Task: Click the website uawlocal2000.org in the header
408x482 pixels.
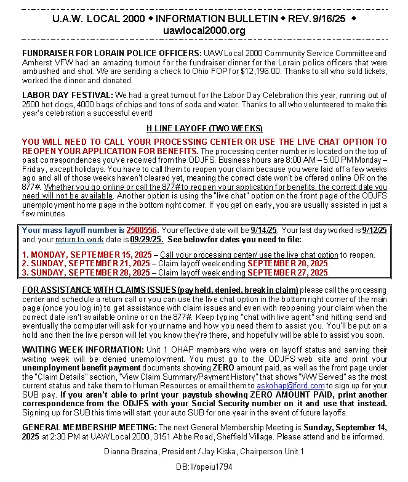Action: (204, 31)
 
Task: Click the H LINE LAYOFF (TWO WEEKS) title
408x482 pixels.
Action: (204, 130)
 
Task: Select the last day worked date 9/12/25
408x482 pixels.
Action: (374, 231)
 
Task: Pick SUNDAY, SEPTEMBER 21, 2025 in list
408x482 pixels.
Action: (87, 263)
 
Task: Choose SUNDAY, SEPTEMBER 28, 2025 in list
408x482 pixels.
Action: (87, 272)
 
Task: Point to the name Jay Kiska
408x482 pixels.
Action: (218, 451)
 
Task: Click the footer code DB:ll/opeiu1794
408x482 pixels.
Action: (204, 467)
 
